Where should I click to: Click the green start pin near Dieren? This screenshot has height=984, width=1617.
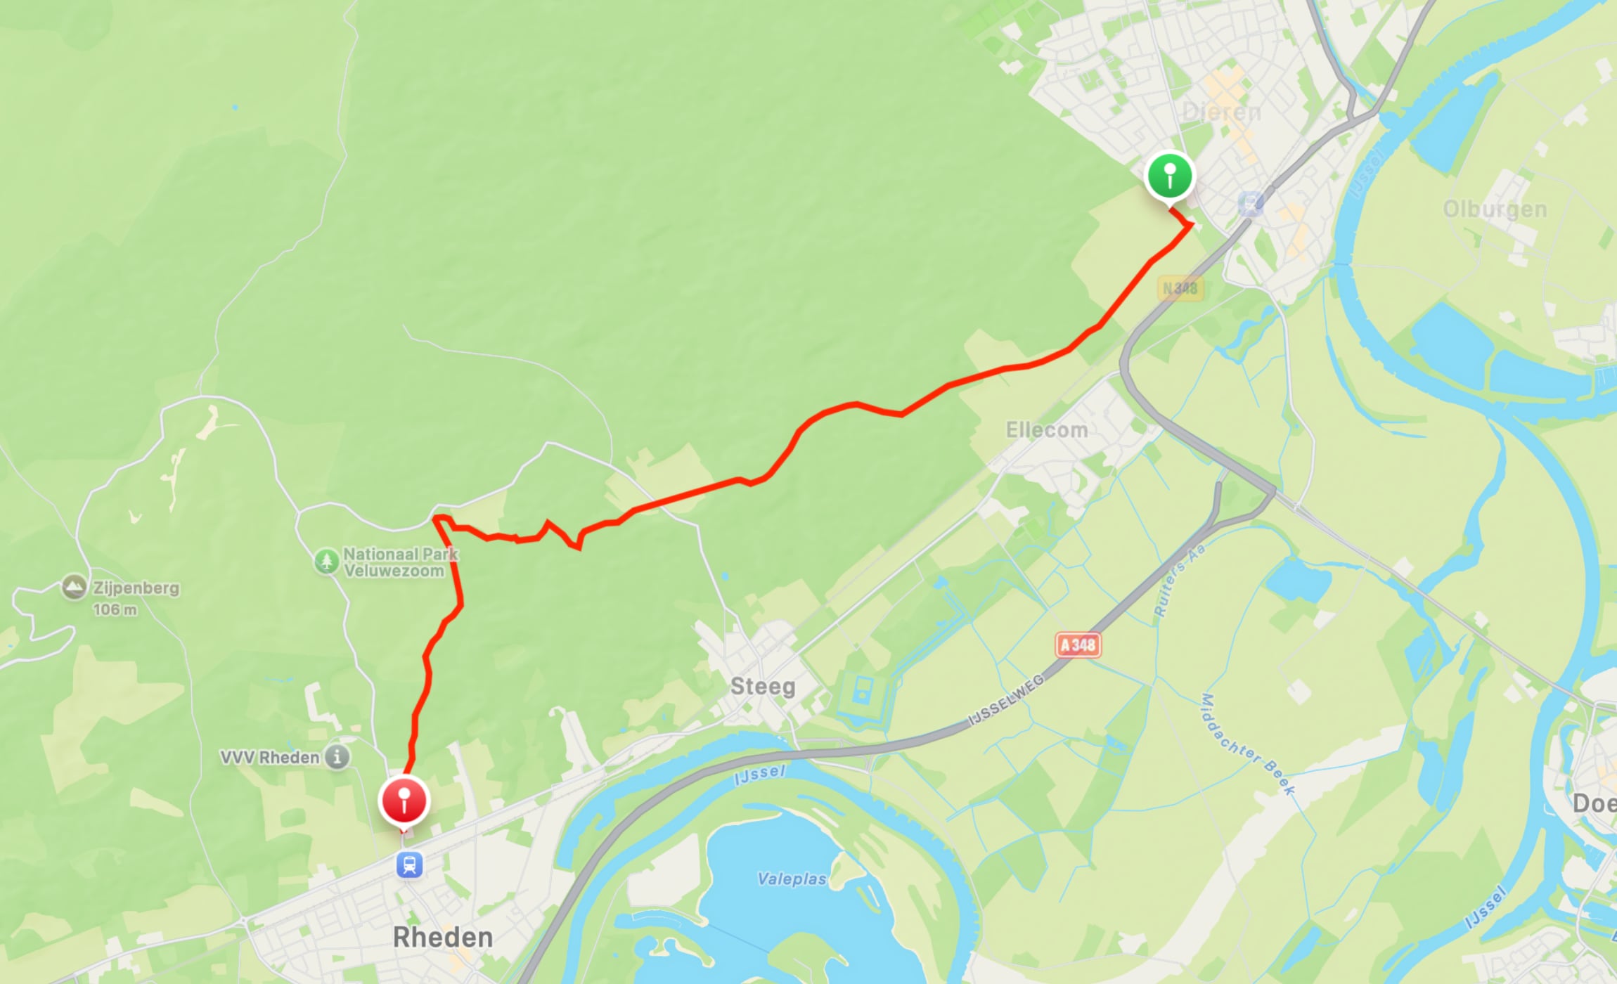[1170, 176]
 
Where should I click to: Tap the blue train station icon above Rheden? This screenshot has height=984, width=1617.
[409, 865]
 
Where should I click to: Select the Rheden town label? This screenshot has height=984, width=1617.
[442, 937]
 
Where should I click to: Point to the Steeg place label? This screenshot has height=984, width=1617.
[763, 686]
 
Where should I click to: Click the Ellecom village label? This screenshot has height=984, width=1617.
[1046, 429]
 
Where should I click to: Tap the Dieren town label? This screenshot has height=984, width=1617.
[1221, 112]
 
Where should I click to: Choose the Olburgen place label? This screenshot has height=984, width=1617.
[1495, 209]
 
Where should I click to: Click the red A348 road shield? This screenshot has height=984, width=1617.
[1078, 645]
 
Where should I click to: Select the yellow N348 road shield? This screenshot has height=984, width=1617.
[1180, 288]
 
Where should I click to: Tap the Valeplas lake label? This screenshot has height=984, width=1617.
[792, 879]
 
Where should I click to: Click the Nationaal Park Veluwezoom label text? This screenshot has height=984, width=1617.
[399, 562]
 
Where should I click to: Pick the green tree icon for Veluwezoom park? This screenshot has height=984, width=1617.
[326, 562]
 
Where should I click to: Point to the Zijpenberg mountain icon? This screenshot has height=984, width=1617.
[75, 587]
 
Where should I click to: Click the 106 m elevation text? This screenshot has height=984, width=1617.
[115, 609]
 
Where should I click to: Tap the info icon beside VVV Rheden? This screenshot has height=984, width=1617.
[337, 757]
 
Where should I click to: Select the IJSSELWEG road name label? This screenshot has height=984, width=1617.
[1006, 700]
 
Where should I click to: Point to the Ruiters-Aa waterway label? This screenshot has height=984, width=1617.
[1179, 579]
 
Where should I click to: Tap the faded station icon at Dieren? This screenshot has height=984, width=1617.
[1250, 204]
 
